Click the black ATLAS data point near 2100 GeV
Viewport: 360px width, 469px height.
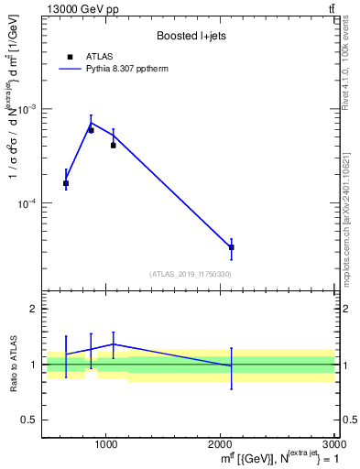coord(232,247)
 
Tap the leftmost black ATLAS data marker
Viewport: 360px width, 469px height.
coord(66,183)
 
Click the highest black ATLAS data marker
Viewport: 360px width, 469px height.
coord(91,130)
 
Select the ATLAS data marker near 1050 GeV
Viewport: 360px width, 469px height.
coord(113,145)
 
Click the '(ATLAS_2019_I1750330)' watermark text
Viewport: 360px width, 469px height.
coord(191,274)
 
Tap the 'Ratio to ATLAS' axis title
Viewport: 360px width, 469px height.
coord(13,364)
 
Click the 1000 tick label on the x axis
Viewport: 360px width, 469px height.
coord(106,444)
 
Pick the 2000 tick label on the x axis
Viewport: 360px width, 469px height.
coord(221,444)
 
